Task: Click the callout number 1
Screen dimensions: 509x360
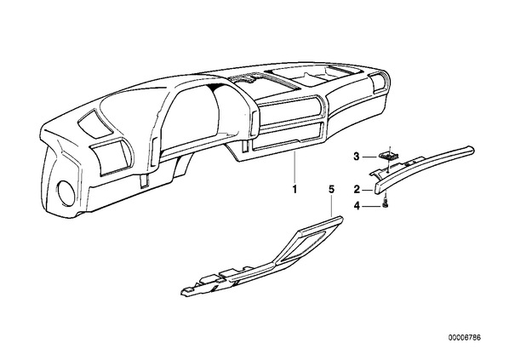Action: [x=295, y=189]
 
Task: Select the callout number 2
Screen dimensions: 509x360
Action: [x=357, y=189]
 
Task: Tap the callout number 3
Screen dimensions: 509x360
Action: [x=357, y=157]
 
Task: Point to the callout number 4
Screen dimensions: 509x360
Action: [x=357, y=206]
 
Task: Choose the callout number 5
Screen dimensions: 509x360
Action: [x=331, y=189]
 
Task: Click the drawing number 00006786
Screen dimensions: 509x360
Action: [x=465, y=338]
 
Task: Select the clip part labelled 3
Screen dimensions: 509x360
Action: [x=388, y=155]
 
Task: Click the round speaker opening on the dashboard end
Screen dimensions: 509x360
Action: [x=66, y=193]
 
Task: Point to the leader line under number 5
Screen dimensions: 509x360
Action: [x=331, y=205]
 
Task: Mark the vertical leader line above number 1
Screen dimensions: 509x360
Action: [x=295, y=168]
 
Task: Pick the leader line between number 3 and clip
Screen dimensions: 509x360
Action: [x=370, y=157]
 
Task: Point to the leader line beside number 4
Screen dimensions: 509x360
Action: [x=372, y=206]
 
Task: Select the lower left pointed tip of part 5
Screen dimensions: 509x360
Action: [x=181, y=293]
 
